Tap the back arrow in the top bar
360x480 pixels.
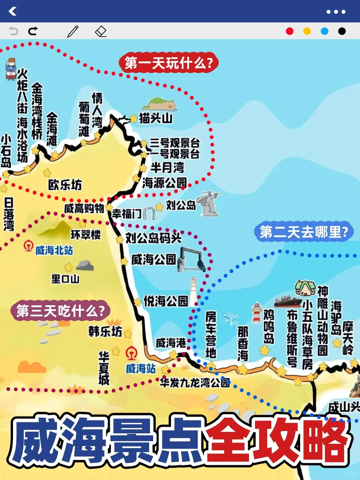(12, 11)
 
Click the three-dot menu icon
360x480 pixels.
(336, 12)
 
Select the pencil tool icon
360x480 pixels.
(73, 31)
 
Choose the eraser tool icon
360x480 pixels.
(101, 31)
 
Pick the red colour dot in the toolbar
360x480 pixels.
(290, 31)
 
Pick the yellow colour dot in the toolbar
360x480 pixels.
(307, 31)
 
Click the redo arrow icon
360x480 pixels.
(33, 31)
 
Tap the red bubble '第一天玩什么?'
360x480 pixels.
(169, 63)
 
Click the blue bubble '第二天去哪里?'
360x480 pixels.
(303, 232)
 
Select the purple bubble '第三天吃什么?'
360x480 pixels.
(60, 311)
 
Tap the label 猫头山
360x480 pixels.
(156, 118)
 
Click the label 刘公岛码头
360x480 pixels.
(154, 238)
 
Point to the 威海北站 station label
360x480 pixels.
(54, 250)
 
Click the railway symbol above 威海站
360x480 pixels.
(131, 353)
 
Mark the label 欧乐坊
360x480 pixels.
(65, 185)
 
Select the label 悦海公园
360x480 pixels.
(166, 301)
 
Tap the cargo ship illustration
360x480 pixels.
(288, 301)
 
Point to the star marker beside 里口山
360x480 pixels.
(68, 267)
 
